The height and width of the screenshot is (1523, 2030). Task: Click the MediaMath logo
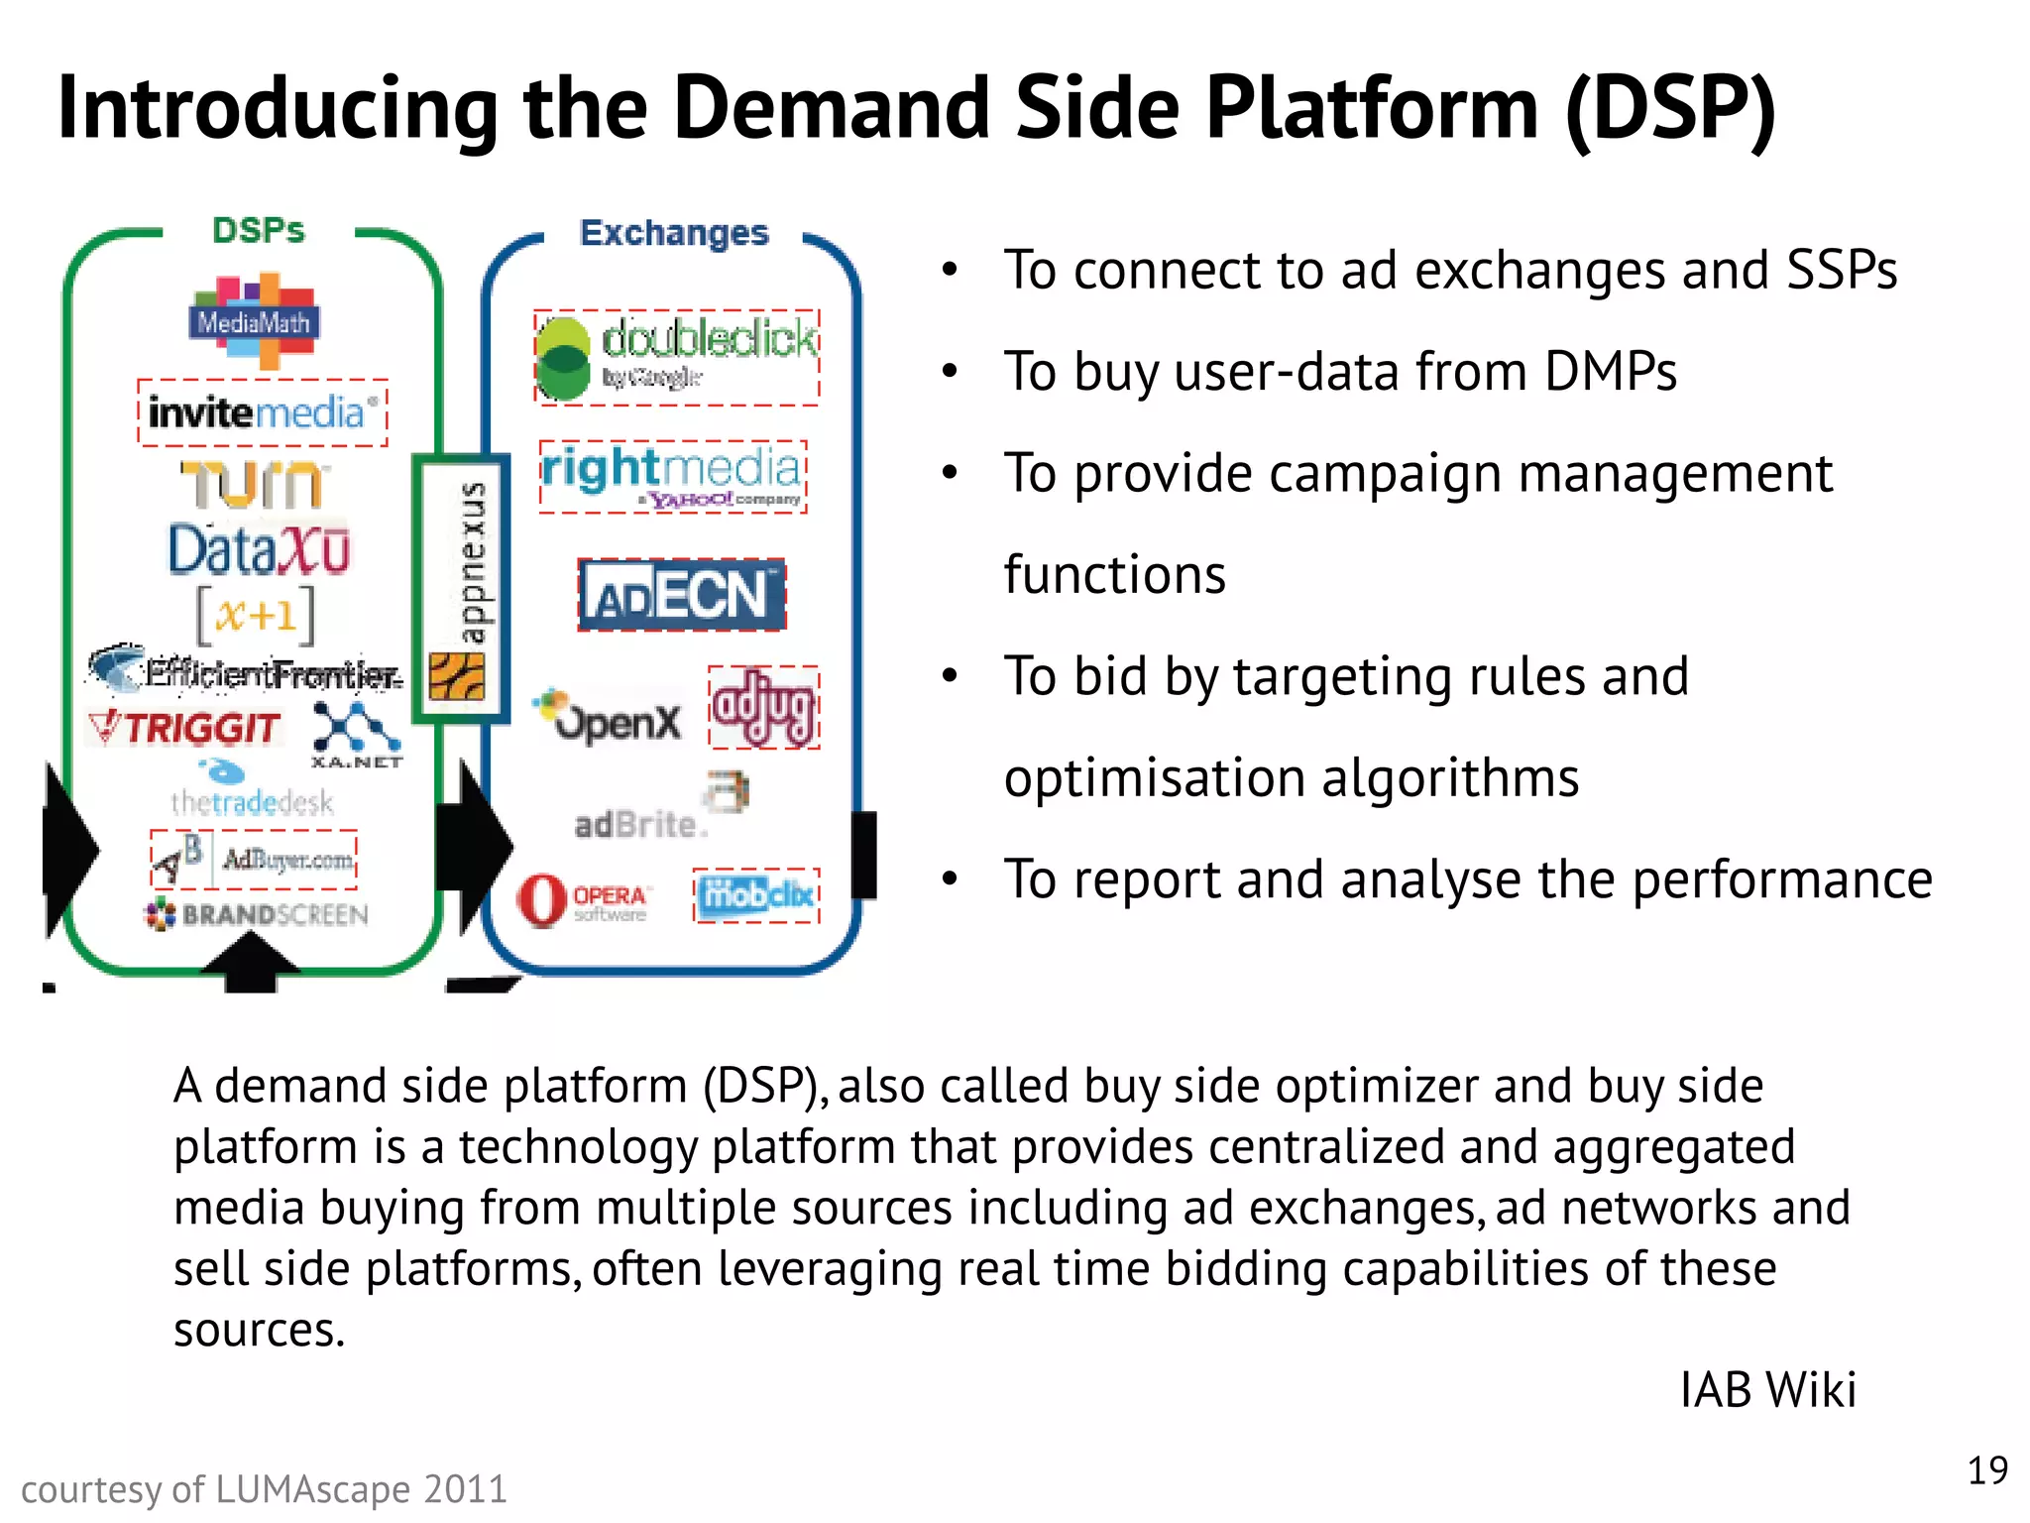(x=254, y=321)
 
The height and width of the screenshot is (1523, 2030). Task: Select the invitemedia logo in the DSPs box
(x=262, y=412)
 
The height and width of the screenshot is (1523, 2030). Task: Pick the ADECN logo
(x=682, y=595)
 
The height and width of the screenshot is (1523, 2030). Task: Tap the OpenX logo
(x=609, y=718)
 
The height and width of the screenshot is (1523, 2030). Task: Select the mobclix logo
(x=756, y=895)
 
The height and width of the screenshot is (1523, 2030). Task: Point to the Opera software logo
(x=583, y=900)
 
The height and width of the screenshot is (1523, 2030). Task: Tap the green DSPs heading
(x=258, y=230)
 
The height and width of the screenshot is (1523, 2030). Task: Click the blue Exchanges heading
(x=674, y=233)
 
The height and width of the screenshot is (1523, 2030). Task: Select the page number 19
(x=1986, y=1470)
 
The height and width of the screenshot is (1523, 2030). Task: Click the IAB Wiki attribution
(x=1767, y=1389)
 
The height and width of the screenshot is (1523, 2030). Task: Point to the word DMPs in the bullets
(x=1610, y=373)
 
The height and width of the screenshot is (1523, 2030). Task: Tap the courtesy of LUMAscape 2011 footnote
(x=264, y=1489)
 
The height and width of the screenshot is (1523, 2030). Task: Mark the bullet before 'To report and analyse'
(x=950, y=879)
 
